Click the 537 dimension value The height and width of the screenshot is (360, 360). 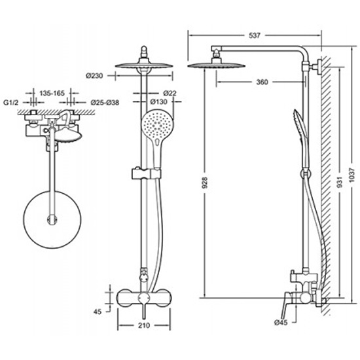point(255,35)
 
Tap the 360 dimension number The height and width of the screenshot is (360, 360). point(262,82)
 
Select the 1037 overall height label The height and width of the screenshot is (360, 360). point(351,175)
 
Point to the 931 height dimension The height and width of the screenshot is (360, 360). point(340,181)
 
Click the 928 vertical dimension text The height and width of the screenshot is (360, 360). point(204,183)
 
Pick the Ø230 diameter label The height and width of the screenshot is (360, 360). point(95,75)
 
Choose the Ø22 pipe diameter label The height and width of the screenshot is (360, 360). point(170,93)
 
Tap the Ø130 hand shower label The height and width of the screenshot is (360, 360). point(159,101)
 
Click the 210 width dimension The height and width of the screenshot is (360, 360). point(144,325)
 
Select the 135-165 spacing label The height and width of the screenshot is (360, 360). point(52,93)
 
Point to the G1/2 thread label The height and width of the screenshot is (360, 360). point(10,102)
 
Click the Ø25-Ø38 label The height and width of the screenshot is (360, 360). point(105,102)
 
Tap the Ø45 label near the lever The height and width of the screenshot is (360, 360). point(281,323)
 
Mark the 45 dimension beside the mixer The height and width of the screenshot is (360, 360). point(98,312)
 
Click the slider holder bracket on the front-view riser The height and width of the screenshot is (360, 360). point(146,174)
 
